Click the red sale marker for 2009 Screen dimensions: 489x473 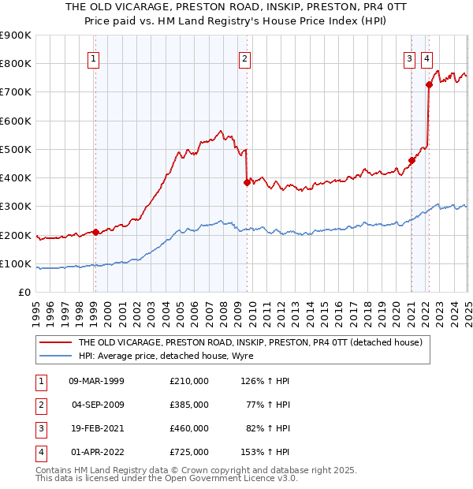(x=247, y=182)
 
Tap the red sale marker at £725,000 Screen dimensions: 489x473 (x=429, y=84)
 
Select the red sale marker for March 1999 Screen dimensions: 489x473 (x=95, y=232)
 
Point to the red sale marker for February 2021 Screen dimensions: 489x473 (x=412, y=161)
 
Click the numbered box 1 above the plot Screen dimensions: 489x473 (x=94, y=58)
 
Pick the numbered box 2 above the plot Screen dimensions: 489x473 (x=245, y=58)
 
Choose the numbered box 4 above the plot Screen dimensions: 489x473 (x=426, y=58)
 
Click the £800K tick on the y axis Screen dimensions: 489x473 (x=16, y=64)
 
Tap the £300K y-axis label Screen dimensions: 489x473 (x=16, y=207)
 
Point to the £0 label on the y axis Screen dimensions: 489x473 (x=24, y=293)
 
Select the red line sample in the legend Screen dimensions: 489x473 (x=55, y=342)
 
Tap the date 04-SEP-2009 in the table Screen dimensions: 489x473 (x=97, y=405)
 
